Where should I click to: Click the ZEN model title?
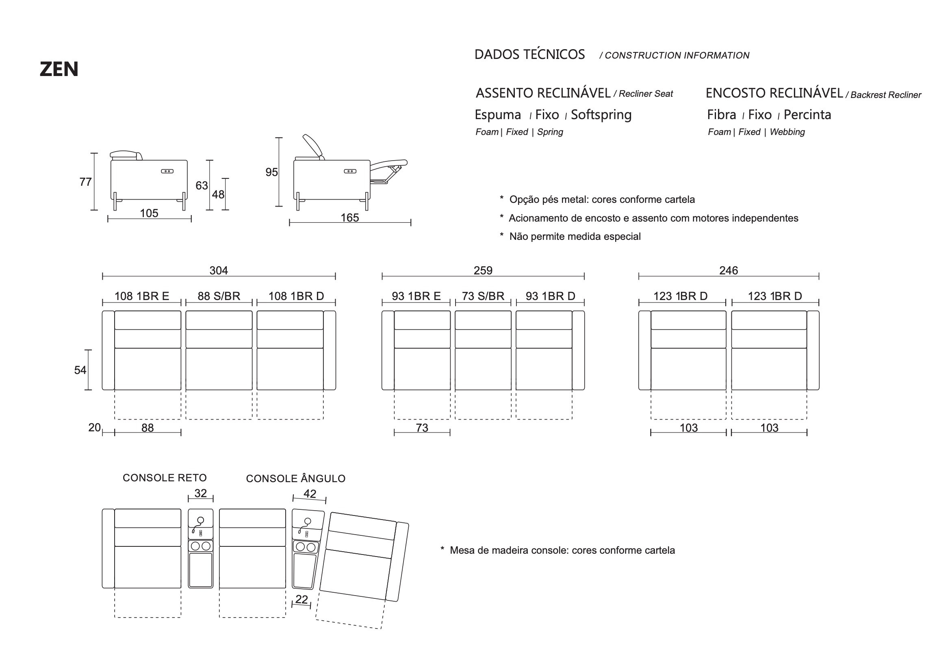click(59, 69)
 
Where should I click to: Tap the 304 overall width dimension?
click(219, 270)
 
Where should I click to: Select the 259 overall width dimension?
click(483, 270)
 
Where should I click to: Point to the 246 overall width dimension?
click(728, 270)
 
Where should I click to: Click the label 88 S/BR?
click(219, 296)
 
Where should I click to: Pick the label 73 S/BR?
click(483, 296)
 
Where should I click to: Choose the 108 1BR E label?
click(141, 296)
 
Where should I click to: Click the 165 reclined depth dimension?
click(349, 218)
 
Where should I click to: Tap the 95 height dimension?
click(271, 172)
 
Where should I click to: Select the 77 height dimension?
click(85, 182)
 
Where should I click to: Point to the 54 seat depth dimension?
click(80, 370)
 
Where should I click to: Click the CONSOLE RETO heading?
click(165, 478)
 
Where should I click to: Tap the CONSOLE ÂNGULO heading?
click(295, 478)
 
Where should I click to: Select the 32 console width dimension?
click(200, 493)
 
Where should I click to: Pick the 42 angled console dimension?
click(310, 494)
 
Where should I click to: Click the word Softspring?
click(601, 115)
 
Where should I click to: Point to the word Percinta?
click(807, 115)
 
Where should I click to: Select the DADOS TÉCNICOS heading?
click(529, 54)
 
